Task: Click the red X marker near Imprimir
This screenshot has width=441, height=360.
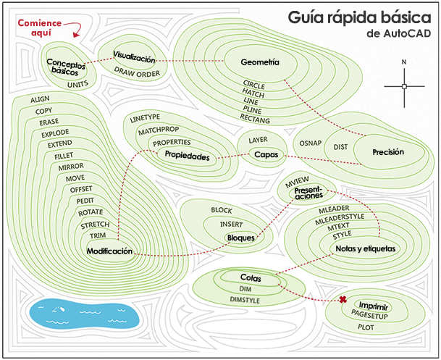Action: click(343, 300)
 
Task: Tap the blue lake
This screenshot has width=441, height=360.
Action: click(84, 314)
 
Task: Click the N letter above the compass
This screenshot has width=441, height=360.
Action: click(404, 62)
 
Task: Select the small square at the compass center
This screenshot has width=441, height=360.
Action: click(404, 86)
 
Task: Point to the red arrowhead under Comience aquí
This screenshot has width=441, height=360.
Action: click(76, 35)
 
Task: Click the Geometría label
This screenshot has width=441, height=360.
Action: click(260, 62)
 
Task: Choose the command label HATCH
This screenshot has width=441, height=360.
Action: click(253, 93)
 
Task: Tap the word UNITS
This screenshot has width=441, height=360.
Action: click(77, 84)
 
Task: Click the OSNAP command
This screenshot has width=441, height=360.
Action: click(310, 143)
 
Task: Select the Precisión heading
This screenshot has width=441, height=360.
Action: click(388, 152)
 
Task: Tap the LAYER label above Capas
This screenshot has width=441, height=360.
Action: click(258, 140)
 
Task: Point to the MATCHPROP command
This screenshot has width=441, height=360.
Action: click(159, 130)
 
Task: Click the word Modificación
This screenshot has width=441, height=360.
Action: click(109, 251)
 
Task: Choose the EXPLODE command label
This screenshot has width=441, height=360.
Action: click(55, 133)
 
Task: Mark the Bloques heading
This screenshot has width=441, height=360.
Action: click(240, 238)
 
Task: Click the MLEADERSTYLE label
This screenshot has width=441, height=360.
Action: click(340, 219)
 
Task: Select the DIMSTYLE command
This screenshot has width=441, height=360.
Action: click(245, 300)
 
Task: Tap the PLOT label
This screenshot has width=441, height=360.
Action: click(366, 327)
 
